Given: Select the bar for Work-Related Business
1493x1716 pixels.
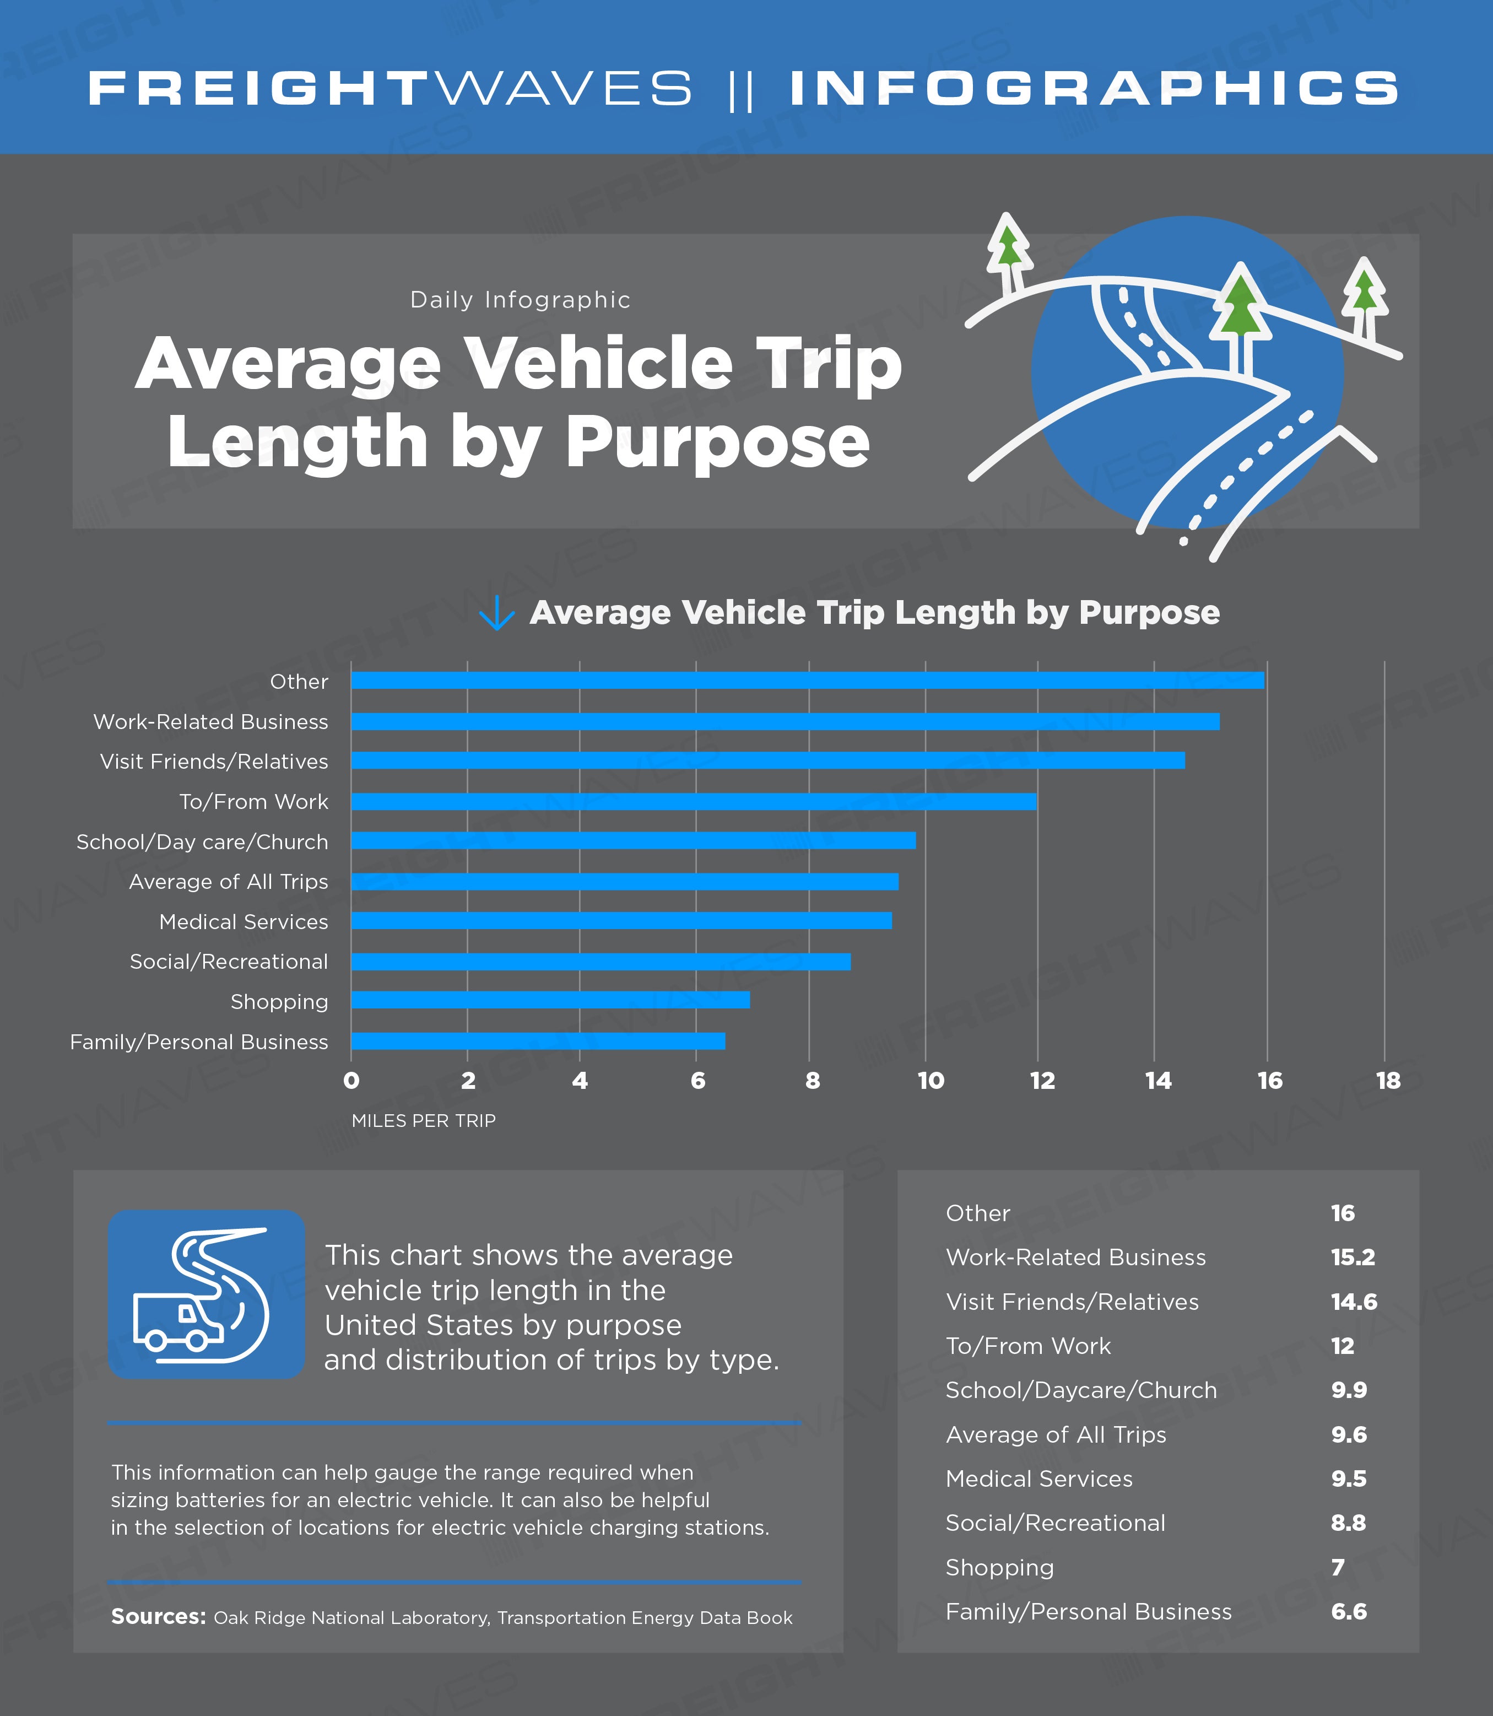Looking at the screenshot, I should coord(785,722).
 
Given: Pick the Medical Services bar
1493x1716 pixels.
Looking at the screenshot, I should coord(621,921).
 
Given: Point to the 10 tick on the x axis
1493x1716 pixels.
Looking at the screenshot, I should coord(931,1081).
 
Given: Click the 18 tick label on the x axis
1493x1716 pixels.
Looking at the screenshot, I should coord(1388,1081).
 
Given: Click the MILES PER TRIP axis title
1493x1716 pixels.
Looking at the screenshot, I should coord(423,1121).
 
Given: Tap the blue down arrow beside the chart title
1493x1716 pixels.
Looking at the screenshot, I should coord(496,613).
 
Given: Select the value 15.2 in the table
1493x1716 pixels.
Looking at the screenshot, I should coord(1352,1258).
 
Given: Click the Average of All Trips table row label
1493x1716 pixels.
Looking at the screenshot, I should coord(1056,1435).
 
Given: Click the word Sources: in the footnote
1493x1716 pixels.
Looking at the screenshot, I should coord(158,1617).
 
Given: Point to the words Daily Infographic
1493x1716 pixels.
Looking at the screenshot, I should coord(520,300).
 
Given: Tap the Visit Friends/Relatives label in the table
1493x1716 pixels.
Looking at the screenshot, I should coord(1072,1302).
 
